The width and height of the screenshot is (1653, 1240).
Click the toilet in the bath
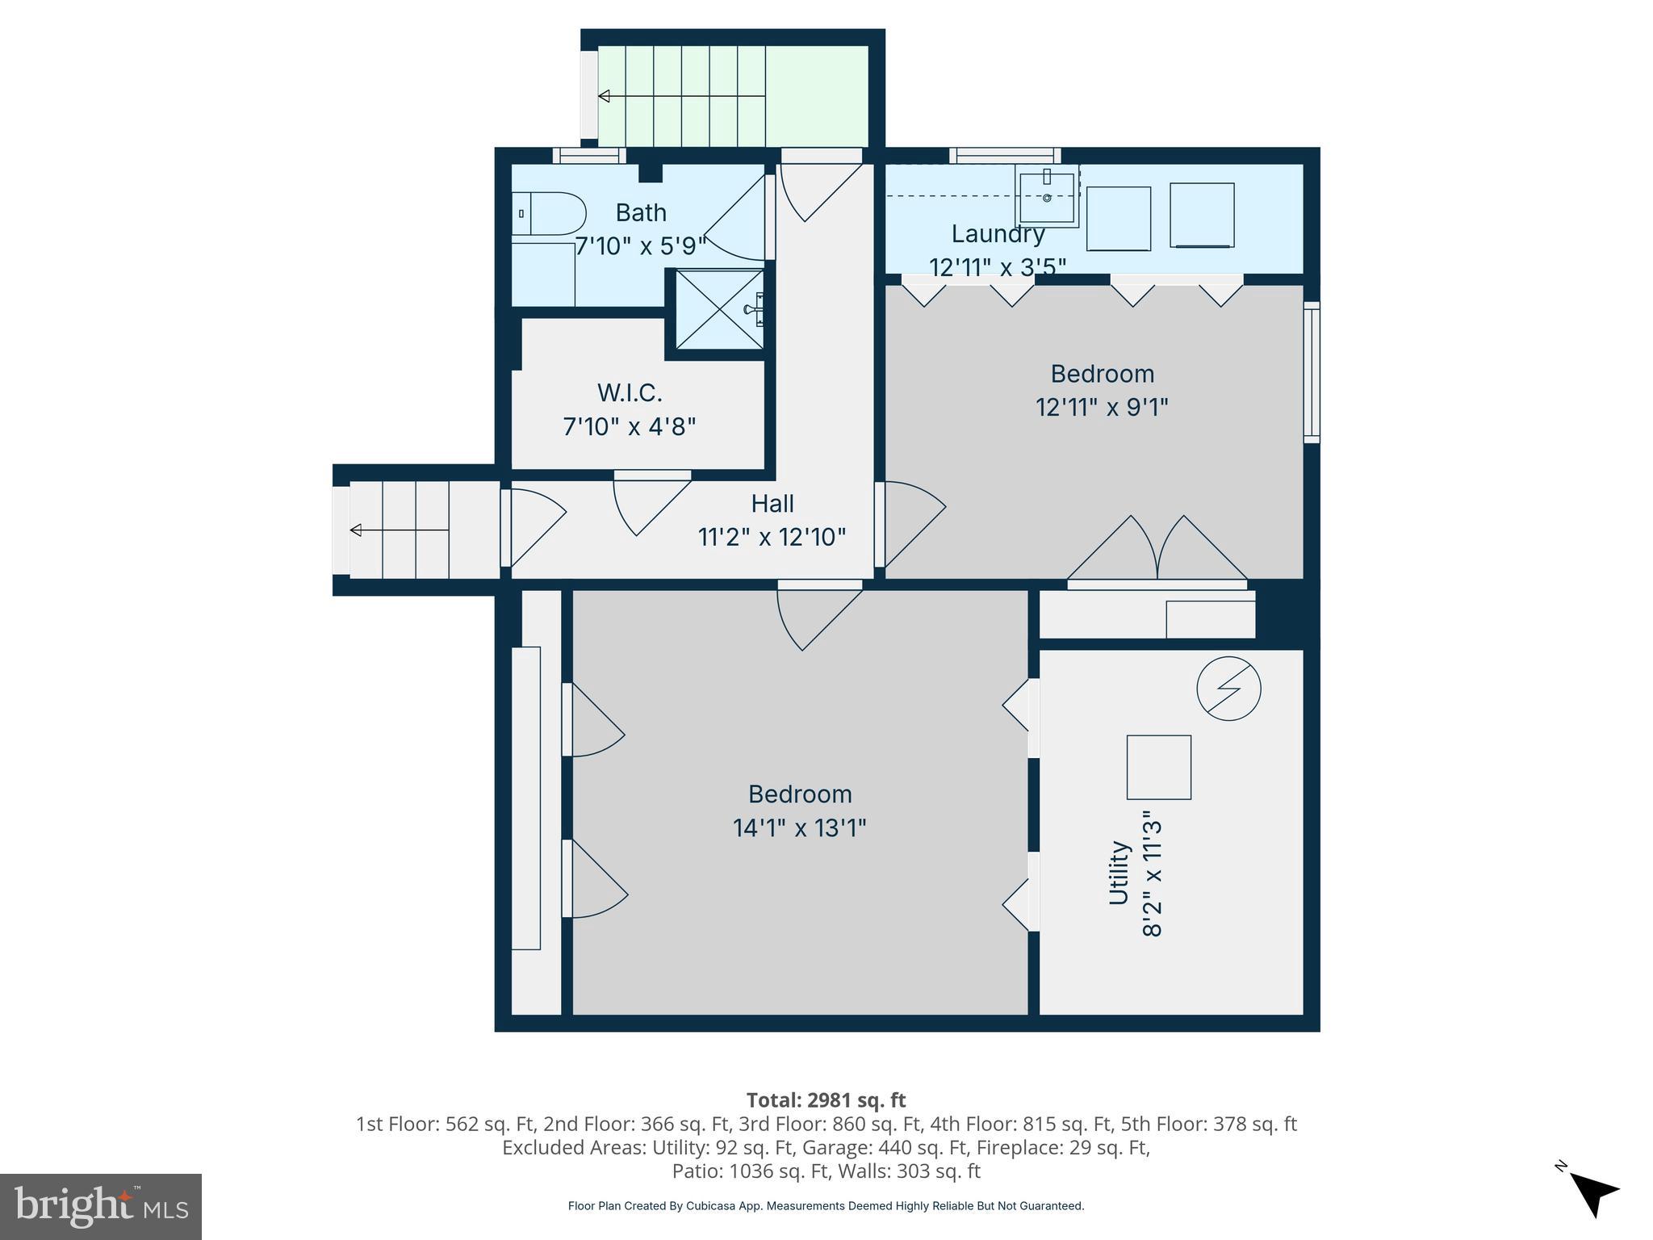tap(549, 214)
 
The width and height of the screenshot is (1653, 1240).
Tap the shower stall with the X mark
tap(719, 310)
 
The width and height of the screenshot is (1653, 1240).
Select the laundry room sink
tap(1047, 198)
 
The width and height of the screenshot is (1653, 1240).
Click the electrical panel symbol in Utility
tap(1228, 689)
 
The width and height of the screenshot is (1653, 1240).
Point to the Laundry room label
tap(998, 234)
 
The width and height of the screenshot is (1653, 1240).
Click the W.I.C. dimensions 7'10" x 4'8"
tap(629, 426)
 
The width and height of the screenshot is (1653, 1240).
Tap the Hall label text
tap(772, 504)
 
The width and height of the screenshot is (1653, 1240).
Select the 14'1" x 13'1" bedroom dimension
tap(799, 828)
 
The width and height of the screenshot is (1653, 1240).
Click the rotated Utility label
tap(1118, 873)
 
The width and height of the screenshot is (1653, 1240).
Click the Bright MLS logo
tap(101, 1206)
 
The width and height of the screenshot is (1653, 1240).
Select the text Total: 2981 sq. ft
tap(826, 1100)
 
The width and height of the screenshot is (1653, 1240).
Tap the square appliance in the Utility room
tap(1158, 767)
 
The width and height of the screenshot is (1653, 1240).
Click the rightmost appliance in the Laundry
tap(1202, 216)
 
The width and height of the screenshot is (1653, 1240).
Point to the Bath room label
tap(641, 213)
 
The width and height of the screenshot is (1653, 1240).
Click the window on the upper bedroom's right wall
tap(1312, 372)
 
